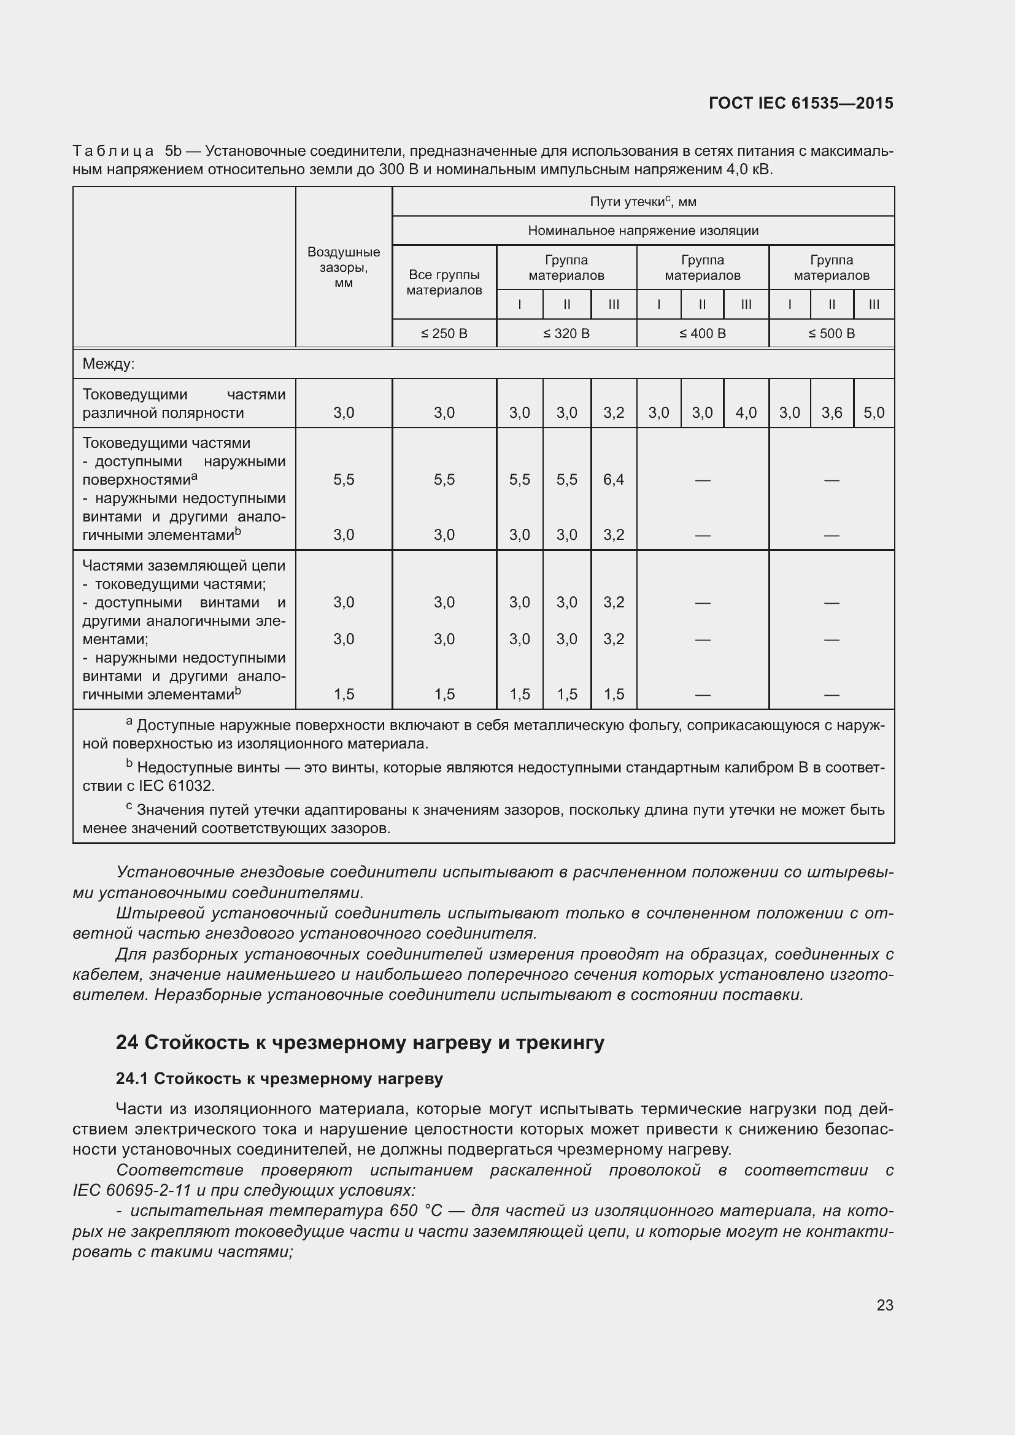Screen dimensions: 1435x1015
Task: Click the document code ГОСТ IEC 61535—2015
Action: tap(801, 103)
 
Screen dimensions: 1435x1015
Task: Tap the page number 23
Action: tap(884, 1305)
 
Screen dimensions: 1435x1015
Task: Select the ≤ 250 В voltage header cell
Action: tap(444, 334)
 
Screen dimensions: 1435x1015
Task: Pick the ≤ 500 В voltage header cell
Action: tap(832, 334)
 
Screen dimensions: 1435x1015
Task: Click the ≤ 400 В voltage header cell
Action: tap(702, 334)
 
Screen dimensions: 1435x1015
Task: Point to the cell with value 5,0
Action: tap(874, 412)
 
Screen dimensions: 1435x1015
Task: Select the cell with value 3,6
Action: tap(832, 412)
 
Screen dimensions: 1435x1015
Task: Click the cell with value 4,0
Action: tap(746, 412)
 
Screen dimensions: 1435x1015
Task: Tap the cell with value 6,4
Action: tap(613, 479)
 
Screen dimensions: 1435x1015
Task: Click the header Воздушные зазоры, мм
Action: tap(343, 267)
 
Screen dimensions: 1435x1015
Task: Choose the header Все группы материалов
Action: tap(444, 282)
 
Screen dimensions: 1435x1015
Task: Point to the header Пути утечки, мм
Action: tap(643, 202)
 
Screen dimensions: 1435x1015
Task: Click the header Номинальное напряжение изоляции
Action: tap(643, 231)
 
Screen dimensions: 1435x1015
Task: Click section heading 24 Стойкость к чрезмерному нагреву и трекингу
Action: tap(360, 1042)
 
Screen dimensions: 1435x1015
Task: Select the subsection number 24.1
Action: tap(132, 1079)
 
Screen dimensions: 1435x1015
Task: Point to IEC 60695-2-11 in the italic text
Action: tap(134, 1191)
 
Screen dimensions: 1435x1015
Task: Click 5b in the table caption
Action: tap(172, 152)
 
